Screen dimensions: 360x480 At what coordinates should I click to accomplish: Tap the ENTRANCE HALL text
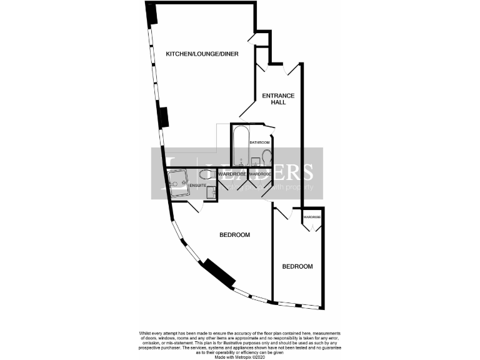click(278, 99)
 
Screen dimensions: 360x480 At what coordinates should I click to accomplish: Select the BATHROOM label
click(259, 142)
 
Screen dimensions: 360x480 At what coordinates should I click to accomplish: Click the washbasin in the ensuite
click(211, 192)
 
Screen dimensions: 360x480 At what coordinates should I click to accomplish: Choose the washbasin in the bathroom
click(255, 162)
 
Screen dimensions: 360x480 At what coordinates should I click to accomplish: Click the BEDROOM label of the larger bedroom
click(234, 235)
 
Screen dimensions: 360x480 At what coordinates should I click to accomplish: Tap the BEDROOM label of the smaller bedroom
click(297, 267)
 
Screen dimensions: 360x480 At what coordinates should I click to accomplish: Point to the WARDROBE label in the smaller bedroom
click(312, 217)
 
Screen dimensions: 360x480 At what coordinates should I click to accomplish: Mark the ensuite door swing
click(194, 206)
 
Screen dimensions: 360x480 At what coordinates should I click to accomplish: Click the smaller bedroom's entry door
click(282, 212)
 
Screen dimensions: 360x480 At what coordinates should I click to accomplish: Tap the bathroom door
click(269, 131)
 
